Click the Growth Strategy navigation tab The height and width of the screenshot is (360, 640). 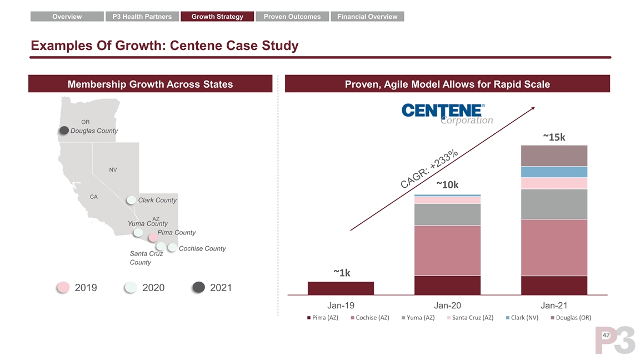coord(217,17)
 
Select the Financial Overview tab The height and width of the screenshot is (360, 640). coord(367,17)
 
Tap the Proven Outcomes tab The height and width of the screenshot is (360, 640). coord(292,17)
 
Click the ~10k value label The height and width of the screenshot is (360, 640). coord(447,185)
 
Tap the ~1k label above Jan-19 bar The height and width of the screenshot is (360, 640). coord(341,273)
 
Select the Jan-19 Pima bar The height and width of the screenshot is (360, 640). coord(341,288)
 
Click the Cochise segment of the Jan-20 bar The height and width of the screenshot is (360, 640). coord(447,250)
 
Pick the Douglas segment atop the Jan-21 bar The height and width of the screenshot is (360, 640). coord(554,156)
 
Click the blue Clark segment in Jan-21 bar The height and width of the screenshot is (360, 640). coord(554,172)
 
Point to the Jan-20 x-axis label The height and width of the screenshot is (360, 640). coord(447,306)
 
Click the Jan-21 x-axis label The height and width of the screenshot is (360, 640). coord(554,306)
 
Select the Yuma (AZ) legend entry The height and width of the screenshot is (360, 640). coord(418,318)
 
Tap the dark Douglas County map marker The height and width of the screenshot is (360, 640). coord(64,131)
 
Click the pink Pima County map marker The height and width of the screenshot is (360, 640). coord(153,237)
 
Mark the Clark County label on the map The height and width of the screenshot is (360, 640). coord(157,200)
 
